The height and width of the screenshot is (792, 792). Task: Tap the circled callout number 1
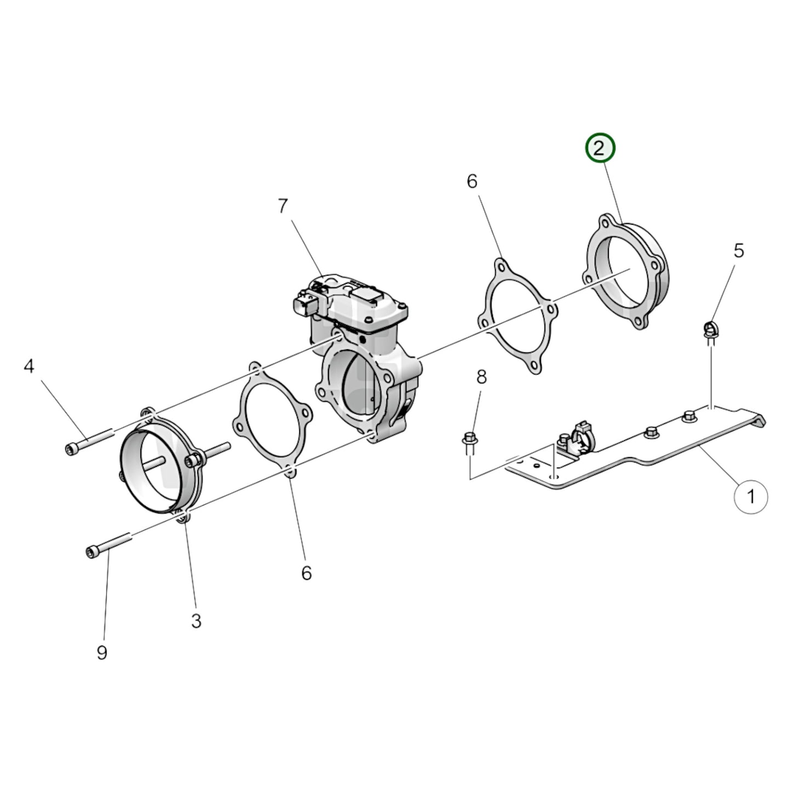point(751,497)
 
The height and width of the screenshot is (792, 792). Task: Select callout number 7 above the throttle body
point(282,206)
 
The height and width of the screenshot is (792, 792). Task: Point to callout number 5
point(738,250)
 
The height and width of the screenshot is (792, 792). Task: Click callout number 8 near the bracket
point(481,377)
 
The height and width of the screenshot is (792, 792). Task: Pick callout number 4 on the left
point(29,366)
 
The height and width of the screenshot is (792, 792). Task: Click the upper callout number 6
point(472,181)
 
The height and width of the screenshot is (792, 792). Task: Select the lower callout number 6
point(306,573)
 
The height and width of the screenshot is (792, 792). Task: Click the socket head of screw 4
point(70,449)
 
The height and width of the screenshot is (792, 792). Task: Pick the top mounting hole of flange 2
point(605,223)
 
